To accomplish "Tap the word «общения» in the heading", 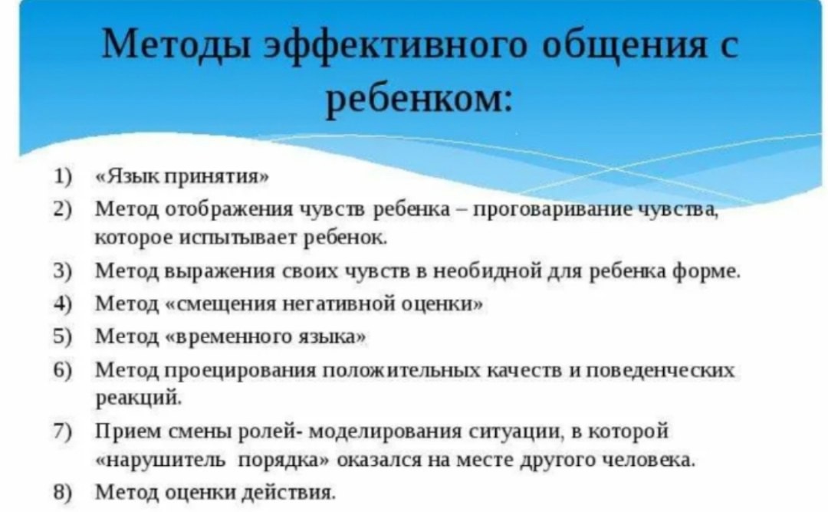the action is [x=623, y=46].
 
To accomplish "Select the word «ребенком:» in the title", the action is [x=419, y=99].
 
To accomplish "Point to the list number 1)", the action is [x=62, y=176].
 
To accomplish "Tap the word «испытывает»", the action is [x=240, y=238].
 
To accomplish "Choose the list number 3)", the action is [x=62, y=271].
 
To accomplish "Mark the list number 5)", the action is [x=62, y=336].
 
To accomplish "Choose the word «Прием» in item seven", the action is [x=128, y=432].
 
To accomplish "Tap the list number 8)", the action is [x=62, y=492].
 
